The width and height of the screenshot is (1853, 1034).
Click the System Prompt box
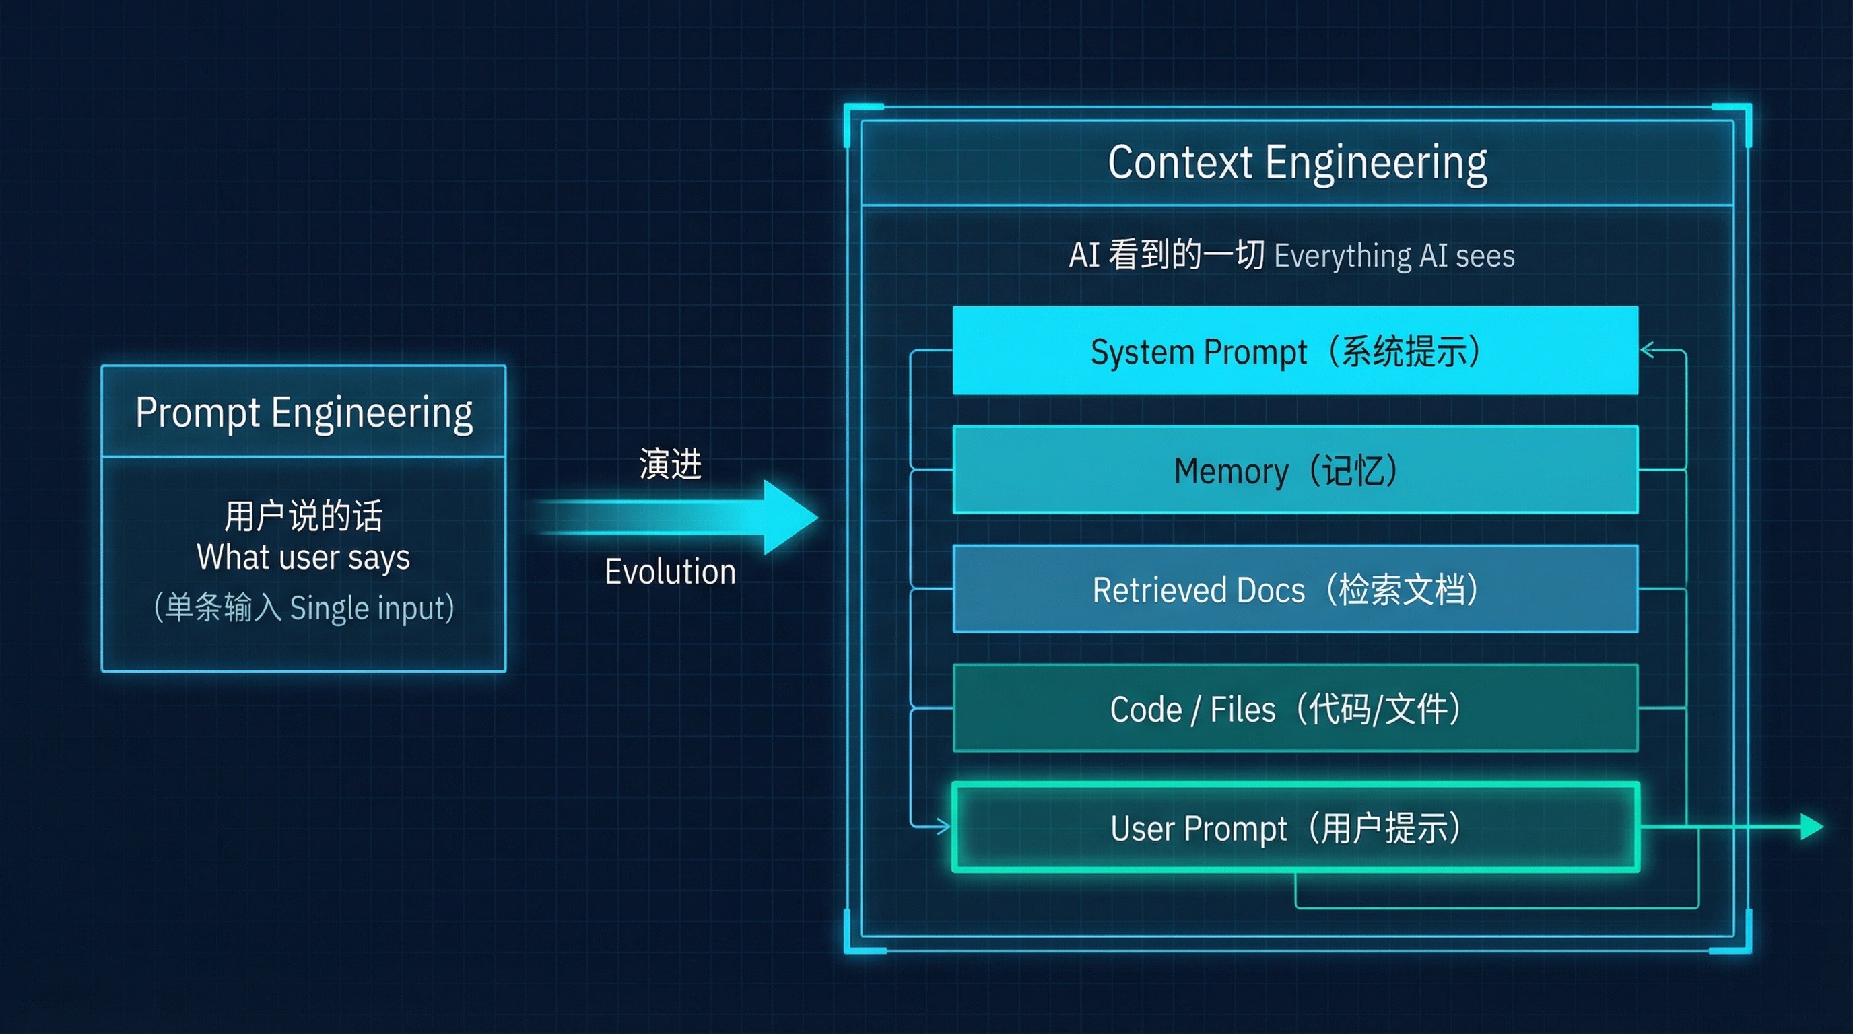click(x=1295, y=351)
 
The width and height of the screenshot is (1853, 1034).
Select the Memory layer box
click(x=1295, y=471)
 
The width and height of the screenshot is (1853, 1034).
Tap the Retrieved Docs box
click(x=1295, y=590)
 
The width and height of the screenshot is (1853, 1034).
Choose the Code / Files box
click(x=1295, y=709)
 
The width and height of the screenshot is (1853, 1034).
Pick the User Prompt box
click(x=1295, y=827)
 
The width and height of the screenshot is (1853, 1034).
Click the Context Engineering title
click(x=1297, y=163)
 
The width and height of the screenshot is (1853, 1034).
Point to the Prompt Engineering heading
click(x=304, y=413)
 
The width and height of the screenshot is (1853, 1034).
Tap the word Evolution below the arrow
click(x=670, y=572)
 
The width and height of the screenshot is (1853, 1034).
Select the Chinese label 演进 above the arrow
click(x=670, y=464)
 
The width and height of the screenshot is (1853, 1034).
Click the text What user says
click(x=304, y=557)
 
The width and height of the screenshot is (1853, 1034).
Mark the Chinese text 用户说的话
click(x=304, y=516)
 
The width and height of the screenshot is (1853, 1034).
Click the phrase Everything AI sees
click(x=1394, y=256)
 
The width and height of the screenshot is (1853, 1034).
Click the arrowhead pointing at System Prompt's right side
click(x=1648, y=351)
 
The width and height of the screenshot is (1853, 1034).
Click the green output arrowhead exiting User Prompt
click(x=1811, y=827)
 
